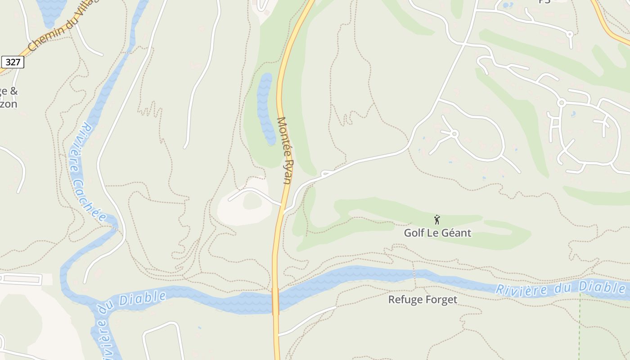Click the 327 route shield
coord(13,62)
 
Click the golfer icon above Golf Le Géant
coord(436,220)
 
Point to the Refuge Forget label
coord(423,300)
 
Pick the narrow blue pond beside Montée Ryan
coord(265,108)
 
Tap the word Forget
coord(441,300)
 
